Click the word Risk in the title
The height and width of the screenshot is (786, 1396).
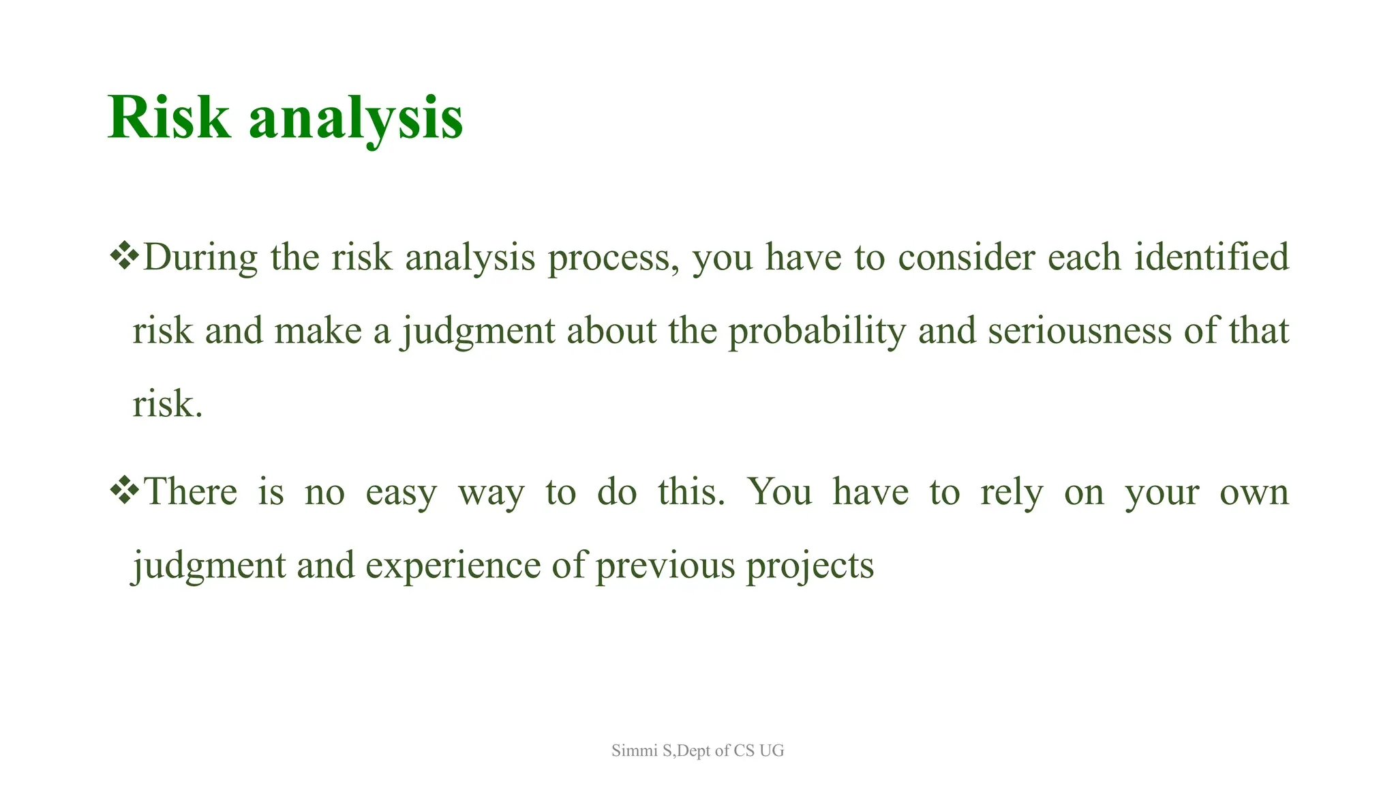168,117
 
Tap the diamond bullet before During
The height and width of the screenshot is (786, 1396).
124,257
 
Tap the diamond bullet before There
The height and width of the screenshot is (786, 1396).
124,491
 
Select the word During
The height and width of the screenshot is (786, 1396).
200,258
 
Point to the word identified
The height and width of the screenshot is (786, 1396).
1211,257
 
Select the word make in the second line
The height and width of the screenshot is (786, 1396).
318,332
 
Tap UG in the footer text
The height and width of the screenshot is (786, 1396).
772,751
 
